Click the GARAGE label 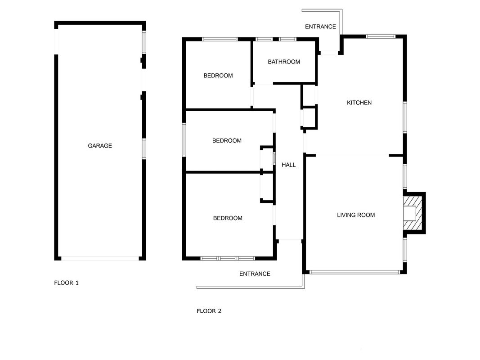click(100, 146)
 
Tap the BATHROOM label click(284, 62)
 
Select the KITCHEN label click(359, 103)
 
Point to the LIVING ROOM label click(356, 215)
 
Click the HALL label click(289, 165)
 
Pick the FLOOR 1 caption click(67, 283)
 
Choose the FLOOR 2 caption click(209, 311)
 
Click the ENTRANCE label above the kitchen click(320, 27)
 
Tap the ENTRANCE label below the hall click(255, 274)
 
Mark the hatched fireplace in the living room click(413, 213)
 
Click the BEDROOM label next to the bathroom click(218, 76)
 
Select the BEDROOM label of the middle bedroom click(227, 140)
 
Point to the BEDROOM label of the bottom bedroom click(228, 218)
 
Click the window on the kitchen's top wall click(381, 36)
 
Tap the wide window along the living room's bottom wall click(355, 272)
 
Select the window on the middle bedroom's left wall click(184, 140)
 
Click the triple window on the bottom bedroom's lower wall click(228, 258)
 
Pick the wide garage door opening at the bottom click(100, 258)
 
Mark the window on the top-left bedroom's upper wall click(220, 39)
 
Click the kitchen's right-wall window click(405, 117)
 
